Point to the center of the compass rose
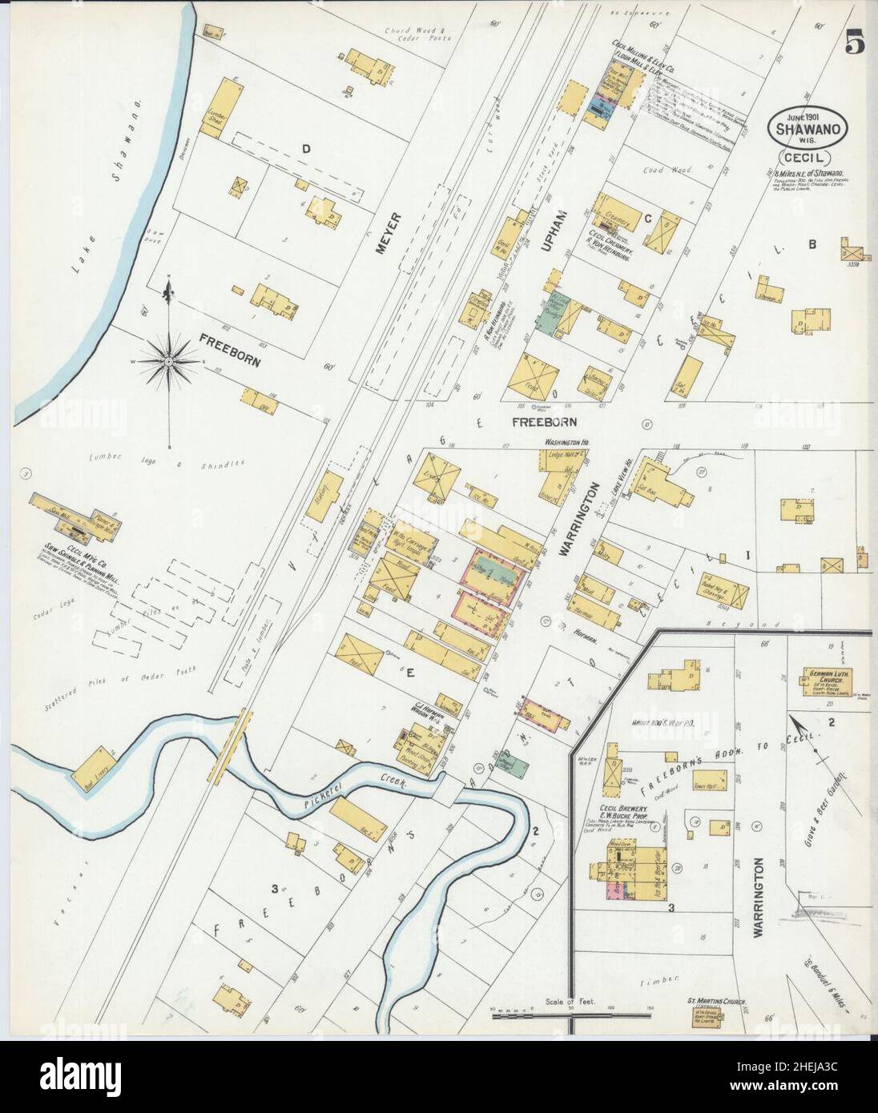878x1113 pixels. pyautogui.click(x=169, y=362)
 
